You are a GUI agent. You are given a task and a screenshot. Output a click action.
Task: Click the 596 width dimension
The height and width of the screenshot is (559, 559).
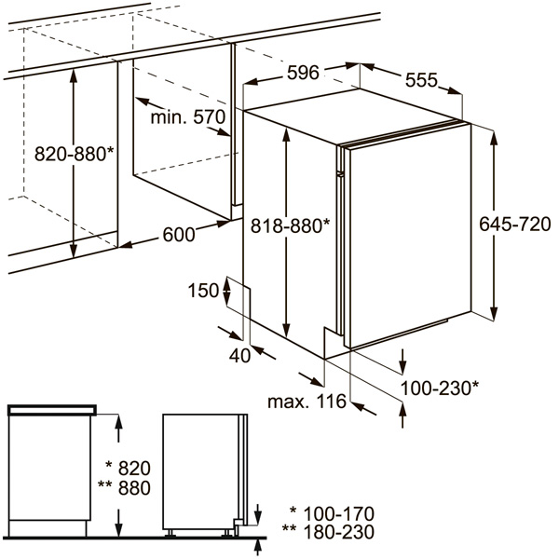pyautogui.click(x=303, y=73)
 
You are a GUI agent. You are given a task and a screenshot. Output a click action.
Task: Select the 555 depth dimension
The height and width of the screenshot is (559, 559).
pyautogui.click(x=421, y=80)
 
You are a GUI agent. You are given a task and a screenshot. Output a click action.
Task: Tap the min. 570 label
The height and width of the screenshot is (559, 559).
pyautogui.click(x=188, y=117)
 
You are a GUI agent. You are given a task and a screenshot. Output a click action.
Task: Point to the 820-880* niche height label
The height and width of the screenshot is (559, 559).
pyautogui.click(x=75, y=155)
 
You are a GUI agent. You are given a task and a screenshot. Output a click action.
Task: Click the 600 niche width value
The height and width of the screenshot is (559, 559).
pyautogui.click(x=179, y=235)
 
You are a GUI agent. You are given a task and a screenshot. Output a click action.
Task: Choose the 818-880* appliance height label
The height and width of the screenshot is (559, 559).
pyautogui.click(x=290, y=225)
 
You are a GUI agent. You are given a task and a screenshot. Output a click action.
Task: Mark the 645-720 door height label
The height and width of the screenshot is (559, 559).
pyautogui.click(x=515, y=225)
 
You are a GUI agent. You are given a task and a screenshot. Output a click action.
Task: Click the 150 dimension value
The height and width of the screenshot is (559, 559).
pyautogui.click(x=203, y=291)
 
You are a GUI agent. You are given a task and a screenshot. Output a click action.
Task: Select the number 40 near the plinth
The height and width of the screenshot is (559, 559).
pyautogui.click(x=239, y=356)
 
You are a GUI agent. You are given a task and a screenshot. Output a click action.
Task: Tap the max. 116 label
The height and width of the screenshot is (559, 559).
pyautogui.click(x=307, y=402)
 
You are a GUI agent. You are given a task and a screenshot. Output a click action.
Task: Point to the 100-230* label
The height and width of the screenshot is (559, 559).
pyautogui.click(x=440, y=388)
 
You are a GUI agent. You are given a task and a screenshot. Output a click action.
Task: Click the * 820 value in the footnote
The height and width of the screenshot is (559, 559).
pyautogui.click(x=129, y=468)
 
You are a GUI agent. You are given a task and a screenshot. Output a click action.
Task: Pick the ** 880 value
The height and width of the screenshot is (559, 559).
pyautogui.click(x=124, y=487)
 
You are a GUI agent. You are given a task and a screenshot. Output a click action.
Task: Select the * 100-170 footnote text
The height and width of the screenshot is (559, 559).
pyautogui.click(x=332, y=514)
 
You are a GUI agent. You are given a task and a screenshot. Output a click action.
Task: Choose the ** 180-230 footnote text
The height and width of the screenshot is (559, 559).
pyautogui.click(x=328, y=532)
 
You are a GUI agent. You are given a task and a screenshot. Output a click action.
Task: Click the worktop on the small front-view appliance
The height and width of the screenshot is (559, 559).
pyautogui.click(x=52, y=410)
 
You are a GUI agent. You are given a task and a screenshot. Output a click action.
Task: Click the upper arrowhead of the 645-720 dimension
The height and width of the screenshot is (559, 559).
pyautogui.click(x=494, y=138)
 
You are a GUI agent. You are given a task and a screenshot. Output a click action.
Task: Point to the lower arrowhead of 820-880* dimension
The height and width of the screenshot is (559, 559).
pyautogui.click(x=74, y=249)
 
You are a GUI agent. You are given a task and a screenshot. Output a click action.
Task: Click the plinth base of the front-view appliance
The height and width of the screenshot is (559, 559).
pyautogui.click(x=48, y=528)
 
